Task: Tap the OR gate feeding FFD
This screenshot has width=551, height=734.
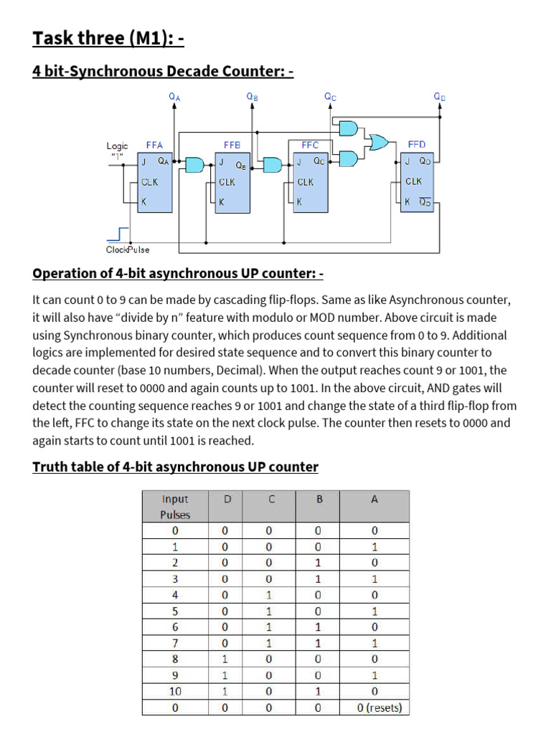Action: [377, 143]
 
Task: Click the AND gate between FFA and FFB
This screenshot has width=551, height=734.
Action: [194, 165]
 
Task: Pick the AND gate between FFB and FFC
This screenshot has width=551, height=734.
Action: [273, 165]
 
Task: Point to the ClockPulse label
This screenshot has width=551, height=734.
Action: [128, 249]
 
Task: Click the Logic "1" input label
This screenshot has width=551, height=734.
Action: [118, 151]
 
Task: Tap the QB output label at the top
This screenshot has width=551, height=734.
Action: [252, 96]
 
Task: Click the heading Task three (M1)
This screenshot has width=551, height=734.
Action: [108, 37]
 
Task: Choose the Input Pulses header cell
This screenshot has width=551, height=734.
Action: [175, 506]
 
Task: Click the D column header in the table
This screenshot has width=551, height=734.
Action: [227, 500]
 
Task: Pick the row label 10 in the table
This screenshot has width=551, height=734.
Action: [175, 692]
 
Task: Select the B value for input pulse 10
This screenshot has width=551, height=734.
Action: [319, 692]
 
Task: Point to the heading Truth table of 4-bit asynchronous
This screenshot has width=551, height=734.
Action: [175, 467]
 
